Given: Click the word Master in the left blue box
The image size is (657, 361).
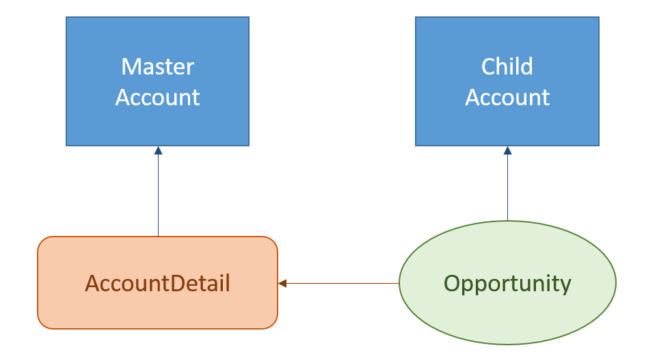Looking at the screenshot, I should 157,67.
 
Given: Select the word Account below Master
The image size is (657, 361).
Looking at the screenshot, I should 157,97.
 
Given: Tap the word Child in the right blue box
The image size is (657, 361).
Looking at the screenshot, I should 507,67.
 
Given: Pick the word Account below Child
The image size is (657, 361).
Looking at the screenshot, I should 507,97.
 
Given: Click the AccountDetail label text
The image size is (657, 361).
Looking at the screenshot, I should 157,282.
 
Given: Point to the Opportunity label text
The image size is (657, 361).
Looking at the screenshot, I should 507,282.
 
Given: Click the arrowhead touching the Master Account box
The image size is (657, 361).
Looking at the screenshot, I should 158,150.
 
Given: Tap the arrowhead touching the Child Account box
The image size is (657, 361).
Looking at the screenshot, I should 507,150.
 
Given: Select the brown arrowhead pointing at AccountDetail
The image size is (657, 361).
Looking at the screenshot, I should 282,283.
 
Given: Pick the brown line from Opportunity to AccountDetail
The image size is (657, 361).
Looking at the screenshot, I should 342,283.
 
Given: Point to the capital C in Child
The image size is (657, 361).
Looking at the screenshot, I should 488,67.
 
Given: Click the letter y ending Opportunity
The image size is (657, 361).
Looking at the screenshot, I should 565,285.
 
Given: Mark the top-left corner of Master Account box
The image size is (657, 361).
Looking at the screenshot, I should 67,18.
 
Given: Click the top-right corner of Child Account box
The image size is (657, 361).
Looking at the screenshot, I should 598,18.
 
